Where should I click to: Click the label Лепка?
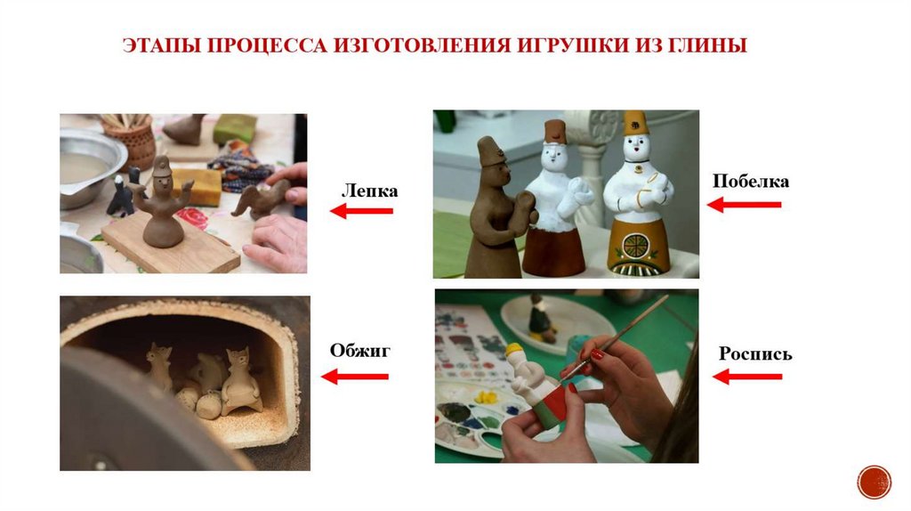(369, 191)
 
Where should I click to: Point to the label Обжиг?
(359, 350)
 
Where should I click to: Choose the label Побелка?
(751, 181)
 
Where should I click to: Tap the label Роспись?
(755, 353)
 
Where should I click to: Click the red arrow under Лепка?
(361, 210)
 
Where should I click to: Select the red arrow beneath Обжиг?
(354, 377)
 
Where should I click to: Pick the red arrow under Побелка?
(745, 205)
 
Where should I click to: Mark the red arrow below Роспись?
(747, 377)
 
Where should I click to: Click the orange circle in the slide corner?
(874, 482)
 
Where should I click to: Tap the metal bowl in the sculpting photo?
(87, 166)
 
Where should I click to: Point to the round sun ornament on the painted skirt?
(634, 244)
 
